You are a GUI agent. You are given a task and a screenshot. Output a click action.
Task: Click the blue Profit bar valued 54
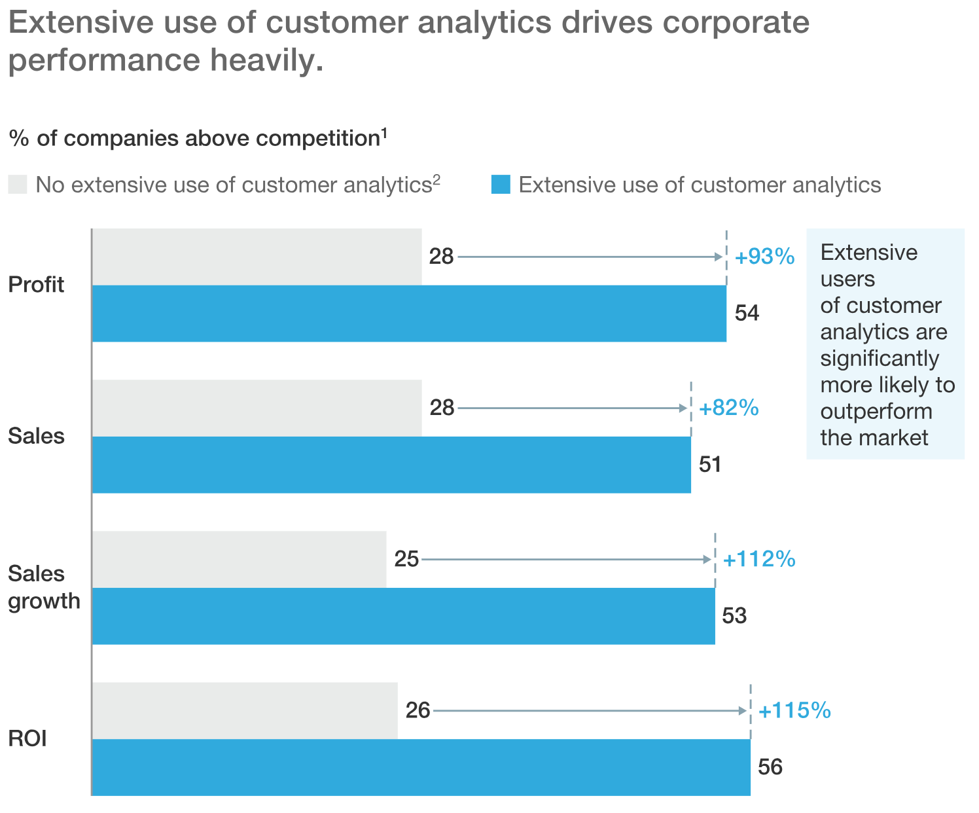[409, 314]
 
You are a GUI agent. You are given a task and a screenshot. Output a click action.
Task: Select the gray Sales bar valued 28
[257, 408]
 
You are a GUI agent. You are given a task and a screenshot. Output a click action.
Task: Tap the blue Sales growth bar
[403, 616]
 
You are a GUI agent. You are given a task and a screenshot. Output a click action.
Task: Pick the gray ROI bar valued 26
[245, 710]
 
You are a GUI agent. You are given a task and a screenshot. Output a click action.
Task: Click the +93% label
[764, 257]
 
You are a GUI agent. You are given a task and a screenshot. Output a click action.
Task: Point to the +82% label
[729, 408]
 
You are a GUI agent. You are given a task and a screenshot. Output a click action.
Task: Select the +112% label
[759, 560]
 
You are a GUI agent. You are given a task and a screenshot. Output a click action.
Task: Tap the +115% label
[794, 711]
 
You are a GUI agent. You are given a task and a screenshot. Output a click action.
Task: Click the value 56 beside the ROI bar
[770, 767]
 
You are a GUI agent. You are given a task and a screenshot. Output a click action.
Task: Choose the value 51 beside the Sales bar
[710, 465]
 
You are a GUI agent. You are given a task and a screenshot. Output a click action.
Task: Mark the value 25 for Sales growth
[406, 560]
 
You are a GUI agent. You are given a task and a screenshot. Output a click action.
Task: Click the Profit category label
[36, 285]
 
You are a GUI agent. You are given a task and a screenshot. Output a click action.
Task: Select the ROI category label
[27, 738]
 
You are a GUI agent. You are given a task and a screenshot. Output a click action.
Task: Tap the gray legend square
[18, 185]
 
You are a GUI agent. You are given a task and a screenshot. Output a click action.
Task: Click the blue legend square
[501, 185]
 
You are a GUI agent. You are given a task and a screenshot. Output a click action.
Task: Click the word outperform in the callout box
[876, 411]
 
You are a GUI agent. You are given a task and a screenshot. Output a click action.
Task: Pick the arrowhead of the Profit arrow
[719, 257]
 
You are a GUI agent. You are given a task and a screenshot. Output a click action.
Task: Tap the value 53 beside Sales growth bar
[734, 616]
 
